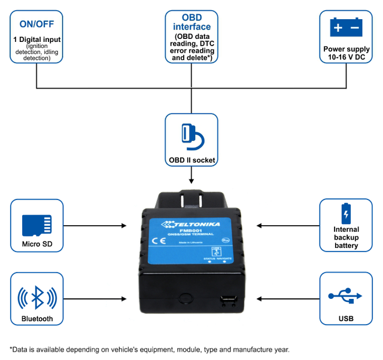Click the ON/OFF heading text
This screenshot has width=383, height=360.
37,25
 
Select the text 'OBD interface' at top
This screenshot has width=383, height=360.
191,22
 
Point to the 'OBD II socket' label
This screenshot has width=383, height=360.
191,160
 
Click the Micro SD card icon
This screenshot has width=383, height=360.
37,224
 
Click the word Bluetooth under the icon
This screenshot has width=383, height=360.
37,319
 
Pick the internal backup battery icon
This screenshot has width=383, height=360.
346,213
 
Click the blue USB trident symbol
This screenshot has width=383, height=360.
346,295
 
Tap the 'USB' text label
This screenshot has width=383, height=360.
346,319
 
